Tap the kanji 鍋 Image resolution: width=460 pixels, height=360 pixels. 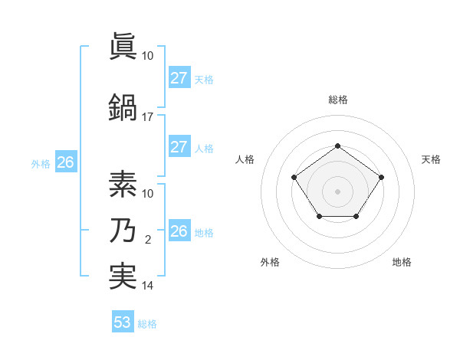pos(122,105)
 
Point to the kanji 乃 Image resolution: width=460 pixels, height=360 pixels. pos(122,231)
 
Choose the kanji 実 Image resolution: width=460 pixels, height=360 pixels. pos(122,275)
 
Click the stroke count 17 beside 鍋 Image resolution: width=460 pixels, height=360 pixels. pos(148,117)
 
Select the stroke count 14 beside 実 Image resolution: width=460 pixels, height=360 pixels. pos(148,286)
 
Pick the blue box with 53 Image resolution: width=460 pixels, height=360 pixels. pos(123,322)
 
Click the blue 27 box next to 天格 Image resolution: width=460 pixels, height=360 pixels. pos(179,78)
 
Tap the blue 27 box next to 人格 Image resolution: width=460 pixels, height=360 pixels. pos(179,147)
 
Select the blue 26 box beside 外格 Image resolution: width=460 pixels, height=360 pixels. pos(65,162)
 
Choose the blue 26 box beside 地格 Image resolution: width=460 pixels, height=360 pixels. pos(179,231)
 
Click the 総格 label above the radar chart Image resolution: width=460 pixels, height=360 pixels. pos(337,100)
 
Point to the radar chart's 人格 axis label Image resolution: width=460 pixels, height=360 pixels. pos(245,159)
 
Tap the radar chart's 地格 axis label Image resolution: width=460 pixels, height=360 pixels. pos(402,262)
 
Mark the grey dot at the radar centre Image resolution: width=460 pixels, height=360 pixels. pos(337,191)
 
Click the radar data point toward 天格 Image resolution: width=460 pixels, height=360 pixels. pos(381,177)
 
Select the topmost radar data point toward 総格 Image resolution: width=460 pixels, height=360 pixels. pos(337,146)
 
